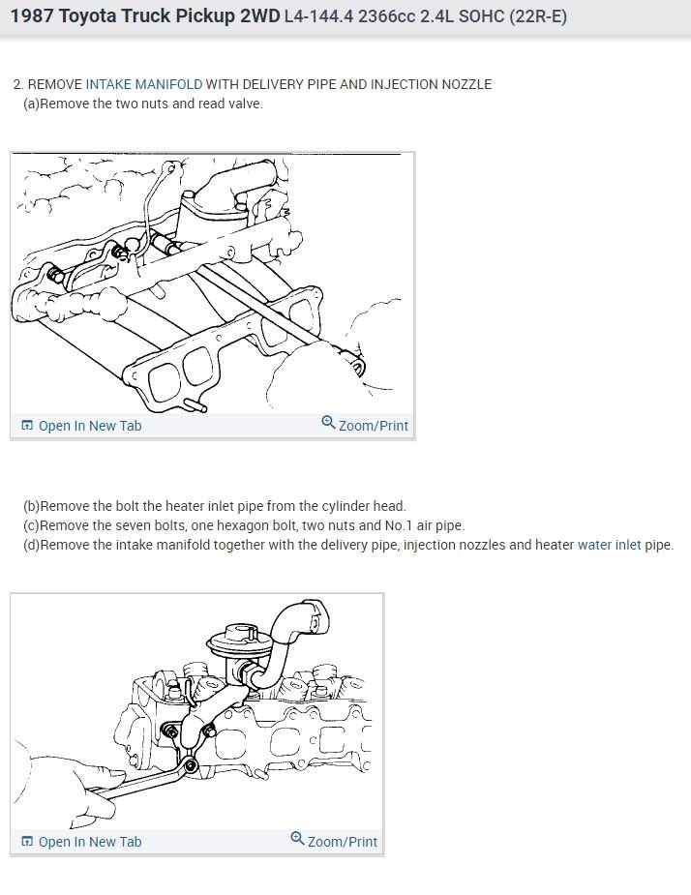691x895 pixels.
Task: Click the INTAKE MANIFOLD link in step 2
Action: click(144, 84)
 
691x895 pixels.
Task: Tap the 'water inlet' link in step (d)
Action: click(610, 545)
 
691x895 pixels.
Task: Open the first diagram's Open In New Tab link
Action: click(81, 426)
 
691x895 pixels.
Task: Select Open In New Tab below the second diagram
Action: click(81, 842)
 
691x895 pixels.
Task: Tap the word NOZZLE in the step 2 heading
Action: click(466, 84)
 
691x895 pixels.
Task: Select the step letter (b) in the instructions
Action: click(31, 506)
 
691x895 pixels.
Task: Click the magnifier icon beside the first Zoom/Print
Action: click(328, 423)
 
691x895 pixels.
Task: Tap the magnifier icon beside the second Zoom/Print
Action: click(297, 839)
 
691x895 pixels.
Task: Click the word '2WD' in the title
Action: click(260, 16)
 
